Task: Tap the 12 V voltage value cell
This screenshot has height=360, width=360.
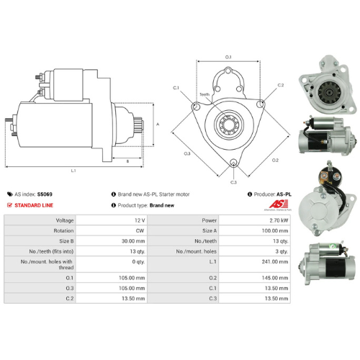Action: pos(139,220)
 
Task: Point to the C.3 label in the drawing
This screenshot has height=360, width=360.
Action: pos(233,182)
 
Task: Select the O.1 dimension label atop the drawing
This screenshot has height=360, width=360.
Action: pos(229,56)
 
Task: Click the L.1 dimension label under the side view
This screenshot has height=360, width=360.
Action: pos(73,171)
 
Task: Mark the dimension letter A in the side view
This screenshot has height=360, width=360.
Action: pos(158,124)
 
